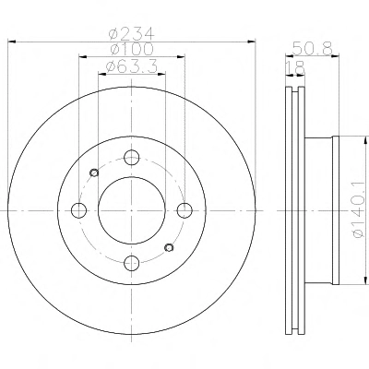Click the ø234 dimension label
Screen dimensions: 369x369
[132, 34]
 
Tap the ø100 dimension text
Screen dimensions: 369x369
[132, 49]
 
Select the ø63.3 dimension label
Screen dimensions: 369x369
[131, 66]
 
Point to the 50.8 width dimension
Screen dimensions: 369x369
[313, 48]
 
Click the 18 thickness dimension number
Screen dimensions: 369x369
[295, 68]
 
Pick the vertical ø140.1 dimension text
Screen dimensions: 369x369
[358, 210]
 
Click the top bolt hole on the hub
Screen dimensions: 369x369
[132, 158]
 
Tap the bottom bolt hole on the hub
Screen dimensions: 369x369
[132, 263]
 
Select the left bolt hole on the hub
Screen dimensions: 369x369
[78, 210]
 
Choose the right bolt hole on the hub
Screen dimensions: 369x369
[184, 210]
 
